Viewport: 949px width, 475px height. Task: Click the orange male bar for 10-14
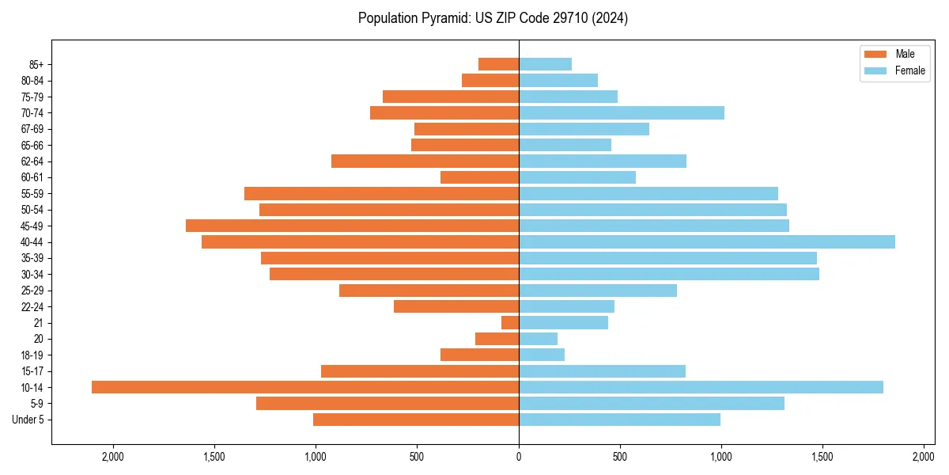(304, 387)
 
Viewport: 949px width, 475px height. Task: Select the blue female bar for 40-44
(706, 242)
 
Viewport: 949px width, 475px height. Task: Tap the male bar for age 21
(510, 323)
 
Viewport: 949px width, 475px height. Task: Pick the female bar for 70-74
(621, 113)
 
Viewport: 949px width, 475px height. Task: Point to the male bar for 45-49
(352, 226)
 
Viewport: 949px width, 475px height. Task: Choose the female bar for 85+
(545, 64)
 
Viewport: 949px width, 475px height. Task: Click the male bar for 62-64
(425, 161)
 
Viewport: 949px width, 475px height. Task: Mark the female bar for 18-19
(542, 355)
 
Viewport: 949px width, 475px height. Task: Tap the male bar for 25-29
(429, 291)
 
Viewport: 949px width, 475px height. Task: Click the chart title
(493, 18)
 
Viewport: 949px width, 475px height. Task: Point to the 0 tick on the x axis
(519, 456)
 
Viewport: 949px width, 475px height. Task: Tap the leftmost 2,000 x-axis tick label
(113, 456)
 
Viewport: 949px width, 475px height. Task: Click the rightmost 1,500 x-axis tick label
(822, 456)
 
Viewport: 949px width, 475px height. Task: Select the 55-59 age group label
(32, 194)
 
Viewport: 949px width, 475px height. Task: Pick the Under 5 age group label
(28, 420)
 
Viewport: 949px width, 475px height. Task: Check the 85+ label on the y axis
(36, 64)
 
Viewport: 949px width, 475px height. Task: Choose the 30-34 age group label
(32, 275)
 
